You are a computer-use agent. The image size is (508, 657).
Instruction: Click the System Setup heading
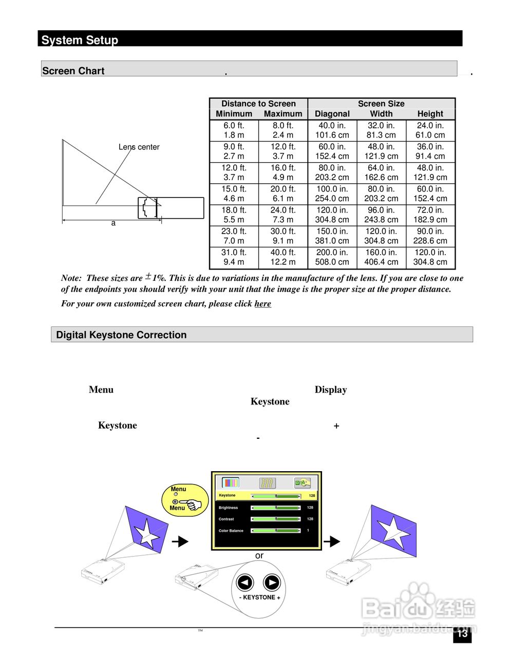pos(80,40)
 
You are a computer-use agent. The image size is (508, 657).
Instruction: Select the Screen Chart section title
pos(73,71)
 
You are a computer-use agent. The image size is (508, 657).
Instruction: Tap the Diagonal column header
pos(332,114)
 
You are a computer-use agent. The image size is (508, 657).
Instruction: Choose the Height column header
pos(430,114)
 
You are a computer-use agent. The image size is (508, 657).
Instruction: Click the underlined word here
pos(262,304)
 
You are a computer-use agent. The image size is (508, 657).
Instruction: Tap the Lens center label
pos(139,147)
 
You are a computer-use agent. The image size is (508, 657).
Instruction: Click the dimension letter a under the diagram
pos(114,223)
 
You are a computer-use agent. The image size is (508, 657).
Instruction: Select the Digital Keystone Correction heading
pos(121,335)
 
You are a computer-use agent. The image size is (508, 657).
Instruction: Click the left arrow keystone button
pos(245,582)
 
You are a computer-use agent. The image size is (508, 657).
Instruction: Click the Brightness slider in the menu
pos(275,508)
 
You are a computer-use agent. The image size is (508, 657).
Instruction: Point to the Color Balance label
pos(231,531)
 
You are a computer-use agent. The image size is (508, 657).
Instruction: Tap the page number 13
pos(462,633)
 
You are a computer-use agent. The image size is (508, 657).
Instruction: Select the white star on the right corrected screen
pos(393,532)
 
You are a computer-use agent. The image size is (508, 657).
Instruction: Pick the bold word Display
pos(331,390)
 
